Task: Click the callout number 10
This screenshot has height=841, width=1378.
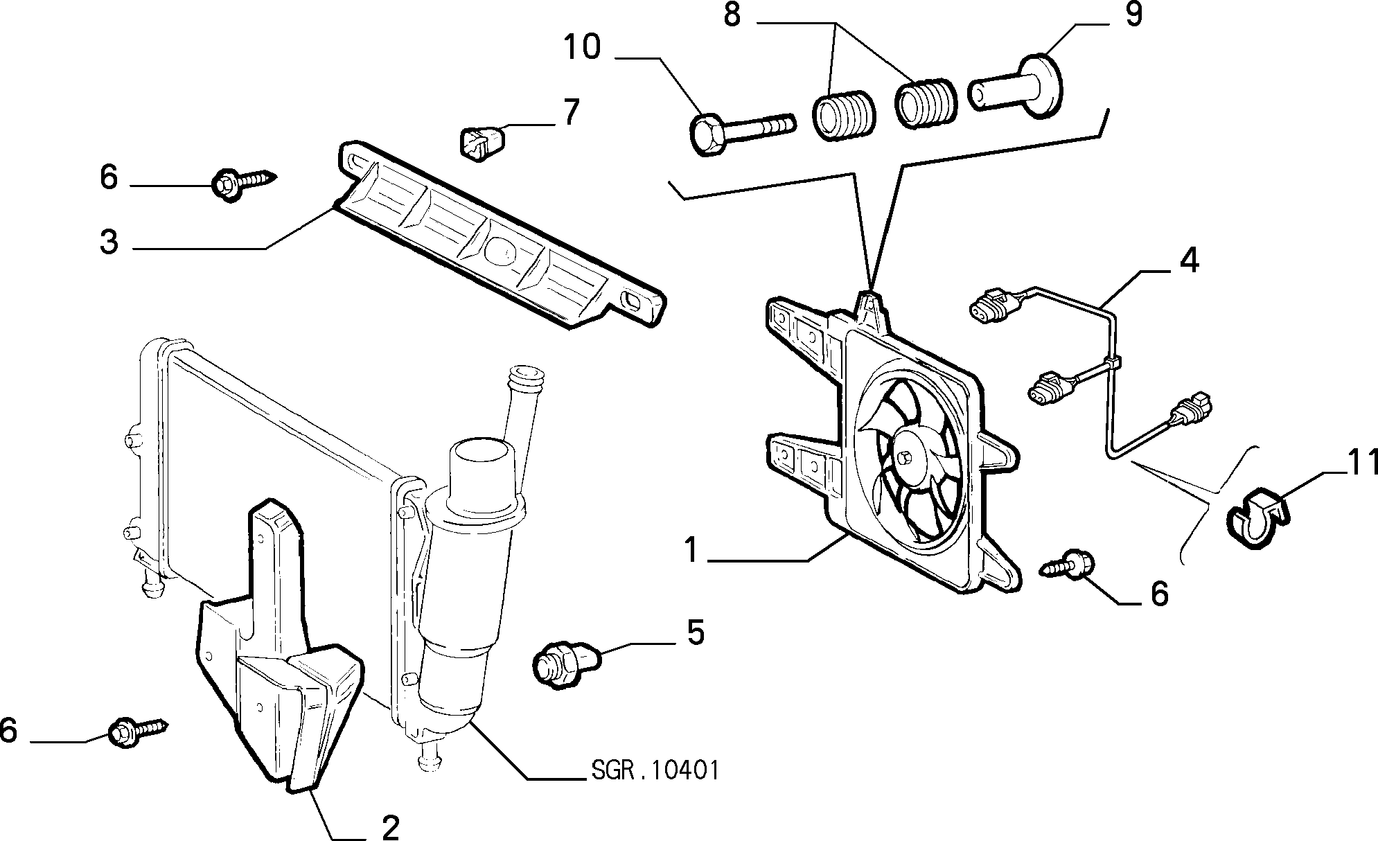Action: [x=581, y=48]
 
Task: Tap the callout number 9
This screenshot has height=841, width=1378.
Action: [x=1133, y=15]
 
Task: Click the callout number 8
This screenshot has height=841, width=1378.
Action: [x=732, y=15]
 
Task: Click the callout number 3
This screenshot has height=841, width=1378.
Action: [x=109, y=242]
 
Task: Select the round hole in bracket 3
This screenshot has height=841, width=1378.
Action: [x=501, y=249]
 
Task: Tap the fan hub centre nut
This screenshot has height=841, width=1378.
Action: [x=906, y=457]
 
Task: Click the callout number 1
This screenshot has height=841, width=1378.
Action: [x=691, y=551]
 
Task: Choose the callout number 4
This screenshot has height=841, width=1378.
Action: [x=1189, y=260]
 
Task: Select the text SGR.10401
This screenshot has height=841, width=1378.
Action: [x=655, y=770]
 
